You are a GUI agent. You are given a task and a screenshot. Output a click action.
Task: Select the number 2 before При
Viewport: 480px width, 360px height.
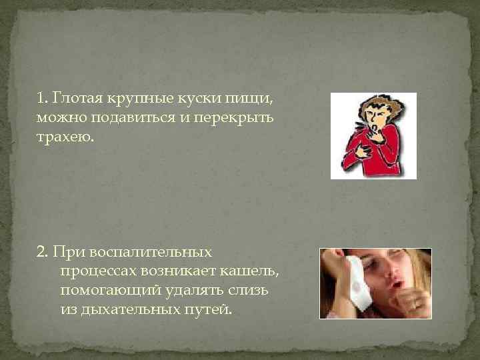[42, 253]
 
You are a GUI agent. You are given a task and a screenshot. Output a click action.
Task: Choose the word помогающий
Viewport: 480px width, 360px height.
[106, 291]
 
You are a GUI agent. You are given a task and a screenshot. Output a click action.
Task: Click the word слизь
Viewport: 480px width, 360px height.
[257, 291]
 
